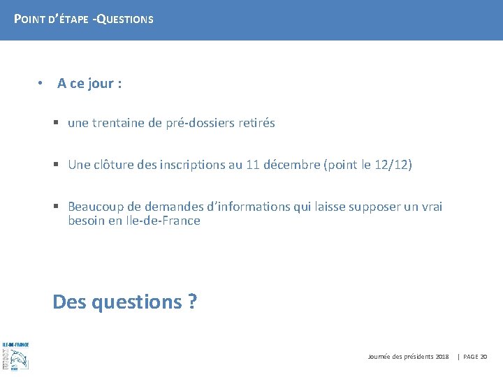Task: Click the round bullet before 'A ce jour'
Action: point(42,83)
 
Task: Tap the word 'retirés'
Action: point(256,123)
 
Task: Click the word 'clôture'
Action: point(115,165)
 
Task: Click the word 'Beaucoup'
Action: point(95,207)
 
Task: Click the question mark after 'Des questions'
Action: point(191,302)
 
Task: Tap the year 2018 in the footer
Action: point(442,357)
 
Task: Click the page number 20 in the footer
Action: point(484,357)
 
